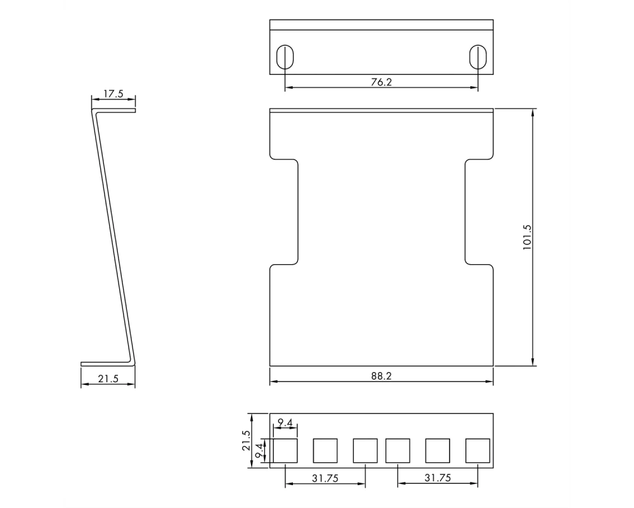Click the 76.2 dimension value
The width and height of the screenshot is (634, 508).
pyautogui.click(x=381, y=82)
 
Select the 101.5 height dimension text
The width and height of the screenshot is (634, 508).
pyautogui.click(x=527, y=237)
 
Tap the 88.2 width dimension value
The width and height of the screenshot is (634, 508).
pyautogui.click(x=381, y=376)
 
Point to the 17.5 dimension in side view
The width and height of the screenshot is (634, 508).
pyautogui.click(x=113, y=94)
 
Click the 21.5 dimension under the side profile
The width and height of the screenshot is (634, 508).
pyautogui.click(x=108, y=378)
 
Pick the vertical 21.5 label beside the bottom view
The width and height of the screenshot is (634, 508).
pyautogui.click(x=246, y=440)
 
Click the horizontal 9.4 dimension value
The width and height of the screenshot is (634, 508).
pyautogui.click(x=285, y=423)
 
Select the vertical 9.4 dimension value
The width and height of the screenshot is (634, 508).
pyautogui.click(x=259, y=450)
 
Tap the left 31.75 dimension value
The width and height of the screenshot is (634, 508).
pyautogui.click(x=325, y=478)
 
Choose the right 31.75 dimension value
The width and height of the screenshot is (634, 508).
pyautogui.click(x=437, y=478)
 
